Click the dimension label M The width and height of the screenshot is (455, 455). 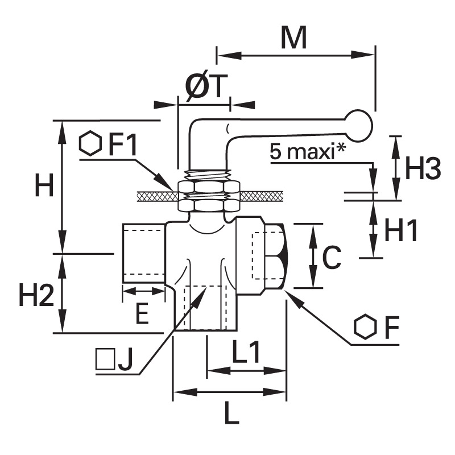(293, 38)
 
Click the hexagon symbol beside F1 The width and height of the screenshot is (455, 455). (90, 144)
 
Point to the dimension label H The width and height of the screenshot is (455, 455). (44, 185)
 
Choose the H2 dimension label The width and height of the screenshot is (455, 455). (36, 295)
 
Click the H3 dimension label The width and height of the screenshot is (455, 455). (423, 168)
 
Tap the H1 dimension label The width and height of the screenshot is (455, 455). (401, 230)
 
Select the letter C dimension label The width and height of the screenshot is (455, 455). (332, 258)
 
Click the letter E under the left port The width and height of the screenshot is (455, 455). (143, 313)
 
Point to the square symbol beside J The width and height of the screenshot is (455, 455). (105, 359)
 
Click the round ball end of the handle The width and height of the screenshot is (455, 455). (359, 125)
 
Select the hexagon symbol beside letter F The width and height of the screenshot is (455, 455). (365, 326)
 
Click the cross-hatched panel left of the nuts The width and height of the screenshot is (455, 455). (158, 196)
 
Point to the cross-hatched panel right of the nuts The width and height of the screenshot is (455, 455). (261, 196)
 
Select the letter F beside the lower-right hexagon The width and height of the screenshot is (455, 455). (392, 327)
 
